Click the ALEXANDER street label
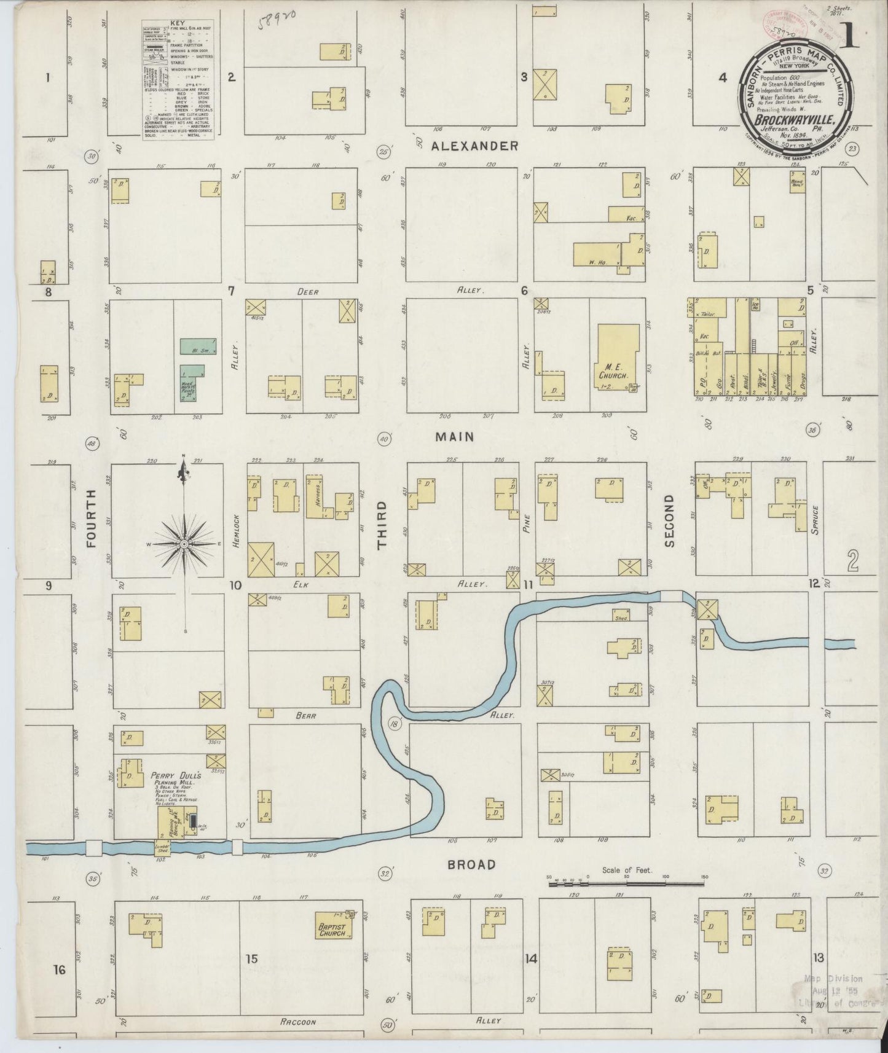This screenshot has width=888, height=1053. (474, 146)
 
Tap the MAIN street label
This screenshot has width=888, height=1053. (455, 437)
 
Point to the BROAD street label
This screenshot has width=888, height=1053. (471, 864)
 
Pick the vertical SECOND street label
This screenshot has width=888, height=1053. (669, 521)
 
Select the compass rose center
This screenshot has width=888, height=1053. (184, 545)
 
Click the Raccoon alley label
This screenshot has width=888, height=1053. (297, 1022)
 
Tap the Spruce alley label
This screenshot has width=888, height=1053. (815, 520)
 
